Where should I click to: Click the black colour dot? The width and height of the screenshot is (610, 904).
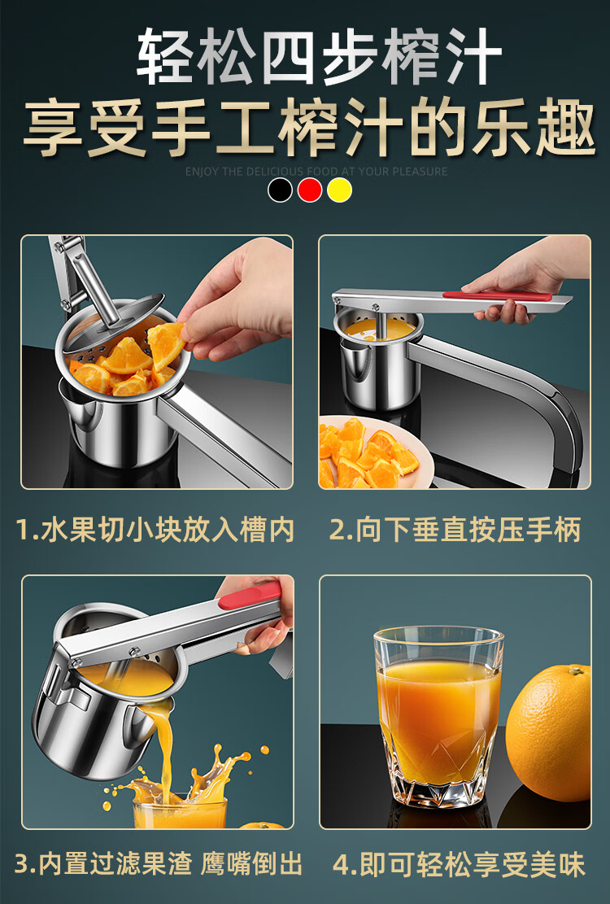click(280, 190)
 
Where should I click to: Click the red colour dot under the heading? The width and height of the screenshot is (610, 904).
click(310, 190)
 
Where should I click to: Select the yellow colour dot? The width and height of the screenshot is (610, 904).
click(339, 190)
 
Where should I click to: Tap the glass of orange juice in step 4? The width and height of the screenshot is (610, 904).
click(438, 717)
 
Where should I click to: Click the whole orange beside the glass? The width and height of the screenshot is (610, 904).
click(549, 732)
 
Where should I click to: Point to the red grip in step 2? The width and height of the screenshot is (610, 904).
click(496, 295)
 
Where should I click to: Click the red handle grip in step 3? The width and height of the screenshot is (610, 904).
click(250, 597)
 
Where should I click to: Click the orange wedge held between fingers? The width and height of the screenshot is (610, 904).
click(166, 345)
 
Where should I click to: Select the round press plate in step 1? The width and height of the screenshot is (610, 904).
click(113, 323)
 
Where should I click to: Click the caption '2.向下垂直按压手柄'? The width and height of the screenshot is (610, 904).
click(455, 530)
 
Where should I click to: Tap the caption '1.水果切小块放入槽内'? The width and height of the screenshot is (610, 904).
click(155, 530)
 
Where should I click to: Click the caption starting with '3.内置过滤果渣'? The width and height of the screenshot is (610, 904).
click(158, 864)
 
